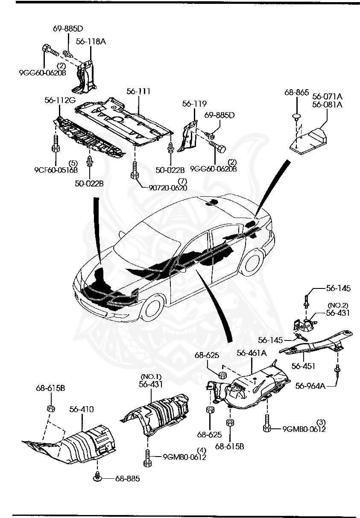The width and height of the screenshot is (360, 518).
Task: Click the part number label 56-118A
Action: pos(91,41)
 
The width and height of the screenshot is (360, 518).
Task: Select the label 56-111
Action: pos(139,91)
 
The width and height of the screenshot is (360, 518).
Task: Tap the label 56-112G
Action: pos(60,100)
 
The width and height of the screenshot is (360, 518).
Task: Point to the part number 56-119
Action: pos(194,104)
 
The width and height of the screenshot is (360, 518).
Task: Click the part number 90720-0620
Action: pos(168,187)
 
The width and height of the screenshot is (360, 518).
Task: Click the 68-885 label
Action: pos(127,478)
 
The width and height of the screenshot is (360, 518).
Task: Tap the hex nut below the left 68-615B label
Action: pos(50,409)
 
